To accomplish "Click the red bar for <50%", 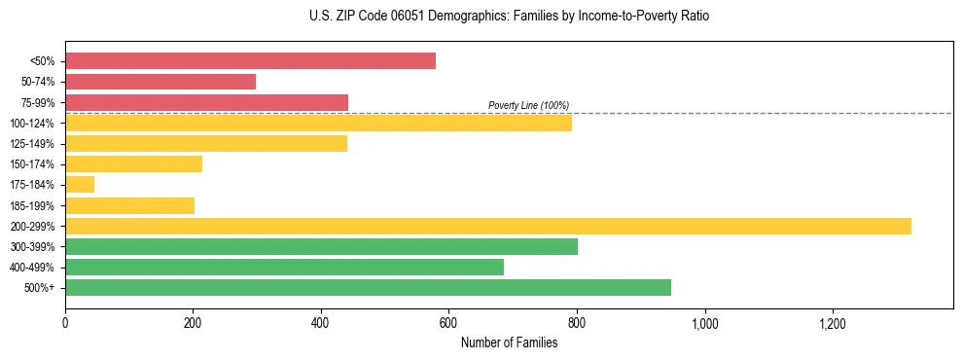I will pyautogui.click(x=250, y=61).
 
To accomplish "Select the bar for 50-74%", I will pyautogui.click(x=160, y=82).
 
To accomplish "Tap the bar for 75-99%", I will pyautogui.click(x=206, y=102).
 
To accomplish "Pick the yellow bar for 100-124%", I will pyautogui.click(x=318, y=124).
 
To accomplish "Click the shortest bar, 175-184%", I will pyautogui.click(x=80, y=185).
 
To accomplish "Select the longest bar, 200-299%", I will pyautogui.click(x=488, y=226).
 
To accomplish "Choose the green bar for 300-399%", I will pyautogui.click(x=321, y=246).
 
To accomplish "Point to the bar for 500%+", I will pyautogui.click(x=368, y=287).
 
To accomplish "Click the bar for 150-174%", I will pyautogui.click(x=133, y=164).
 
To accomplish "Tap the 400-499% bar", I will pyautogui.click(x=284, y=267).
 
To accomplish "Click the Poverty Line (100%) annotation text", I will pyautogui.click(x=528, y=105).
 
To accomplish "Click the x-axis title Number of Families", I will pyautogui.click(x=509, y=342).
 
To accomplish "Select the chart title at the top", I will pyautogui.click(x=509, y=17).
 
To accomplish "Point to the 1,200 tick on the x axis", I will pyautogui.click(x=833, y=322).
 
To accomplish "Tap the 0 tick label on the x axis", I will pyautogui.click(x=65, y=322).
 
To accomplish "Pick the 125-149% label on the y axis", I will pyautogui.click(x=33, y=144).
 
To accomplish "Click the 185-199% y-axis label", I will pyautogui.click(x=33, y=205).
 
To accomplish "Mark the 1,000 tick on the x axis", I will pyautogui.click(x=704, y=322).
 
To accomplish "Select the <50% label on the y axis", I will pyautogui.click(x=42, y=61).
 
